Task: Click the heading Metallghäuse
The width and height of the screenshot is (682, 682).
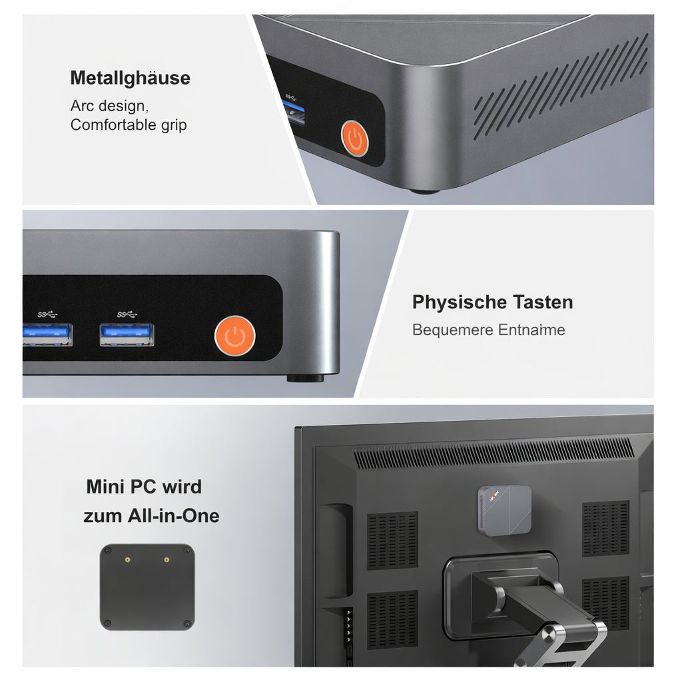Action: pyautogui.click(x=130, y=78)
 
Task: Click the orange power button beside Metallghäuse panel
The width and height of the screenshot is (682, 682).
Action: pyautogui.click(x=354, y=139)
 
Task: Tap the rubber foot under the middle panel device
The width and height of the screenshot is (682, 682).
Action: pyautogui.click(x=305, y=378)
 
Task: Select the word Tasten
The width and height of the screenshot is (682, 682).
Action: pyautogui.click(x=542, y=302)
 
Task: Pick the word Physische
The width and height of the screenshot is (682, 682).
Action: pyautogui.click(x=460, y=302)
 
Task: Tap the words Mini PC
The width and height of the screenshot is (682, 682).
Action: pyautogui.click(x=122, y=487)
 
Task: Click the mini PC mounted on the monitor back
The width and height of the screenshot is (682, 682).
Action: pyautogui.click(x=504, y=510)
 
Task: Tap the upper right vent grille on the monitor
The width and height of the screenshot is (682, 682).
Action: pyautogui.click(x=605, y=528)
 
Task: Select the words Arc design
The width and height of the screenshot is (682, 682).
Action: pyautogui.click(x=109, y=106)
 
